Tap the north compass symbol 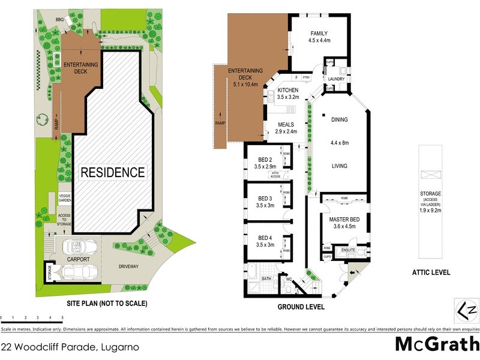click(x=469, y=311)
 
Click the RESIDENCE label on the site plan click(x=113, y=172)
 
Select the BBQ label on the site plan click(x=59, y=20)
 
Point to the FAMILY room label click(x=319, y=34)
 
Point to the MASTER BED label click(x=343, y=220)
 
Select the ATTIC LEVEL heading click(x=431, y=272)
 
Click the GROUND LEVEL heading click(x=301, y=307)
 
